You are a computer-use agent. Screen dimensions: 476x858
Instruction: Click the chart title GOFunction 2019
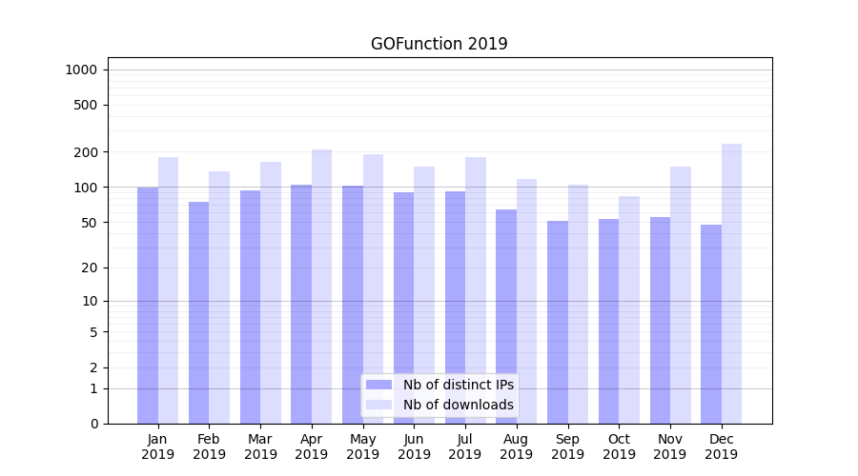click(439, 44)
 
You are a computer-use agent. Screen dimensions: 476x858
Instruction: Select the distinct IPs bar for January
click(148, 305)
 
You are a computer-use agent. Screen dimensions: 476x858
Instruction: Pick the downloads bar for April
click(322, 286)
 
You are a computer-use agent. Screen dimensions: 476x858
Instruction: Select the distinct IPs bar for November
click(660, 320)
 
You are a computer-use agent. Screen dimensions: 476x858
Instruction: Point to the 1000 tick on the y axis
click(81, 69)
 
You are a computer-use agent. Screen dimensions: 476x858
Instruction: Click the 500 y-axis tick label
click(86, 105)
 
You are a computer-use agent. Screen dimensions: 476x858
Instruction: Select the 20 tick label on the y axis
click(90, 268)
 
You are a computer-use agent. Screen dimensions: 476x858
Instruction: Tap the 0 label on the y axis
click(93, 424)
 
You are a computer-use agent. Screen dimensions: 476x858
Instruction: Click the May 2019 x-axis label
click(362, 446)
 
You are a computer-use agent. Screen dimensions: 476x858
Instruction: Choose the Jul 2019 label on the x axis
click(465, 446)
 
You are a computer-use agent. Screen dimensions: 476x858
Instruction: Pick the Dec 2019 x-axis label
click(721, 446)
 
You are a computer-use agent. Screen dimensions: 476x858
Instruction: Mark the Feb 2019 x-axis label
click(209, 446)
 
